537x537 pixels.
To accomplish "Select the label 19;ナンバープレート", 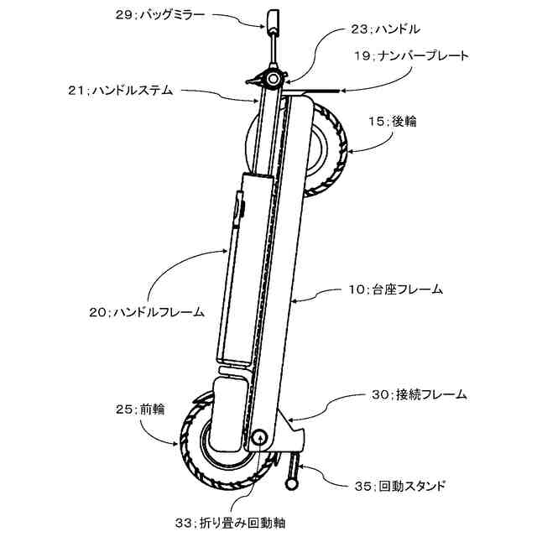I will tap(410, 55).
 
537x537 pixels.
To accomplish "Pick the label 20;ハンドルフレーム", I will tap(147, 312).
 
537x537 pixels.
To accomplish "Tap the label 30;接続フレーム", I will tap(419, 394).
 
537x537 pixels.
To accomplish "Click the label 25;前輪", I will tap(140, 409).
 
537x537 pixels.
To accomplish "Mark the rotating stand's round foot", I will tap(293, 485).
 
